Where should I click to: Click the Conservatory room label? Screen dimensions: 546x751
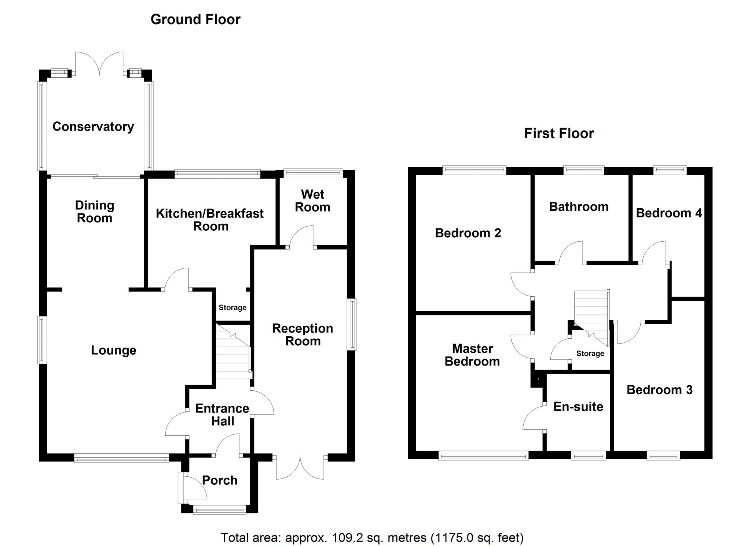pyautogui.click(x=93, y=127)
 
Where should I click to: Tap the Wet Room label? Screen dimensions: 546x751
pyautogui.click(x=312, y=201)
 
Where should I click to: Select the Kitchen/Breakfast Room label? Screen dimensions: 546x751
pyautogui.click(x=210, y=220)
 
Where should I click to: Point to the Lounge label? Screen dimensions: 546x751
pyautogui.click(x=114, y=350)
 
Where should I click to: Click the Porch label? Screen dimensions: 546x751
pyautogui.click(x=220, y=480)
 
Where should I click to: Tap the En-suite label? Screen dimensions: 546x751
pyautogui.click(x=578, y=406)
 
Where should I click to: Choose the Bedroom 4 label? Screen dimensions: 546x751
pyautogui.click(x=669, y=213)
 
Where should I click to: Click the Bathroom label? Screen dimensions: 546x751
pyautogui.click(x=579, y=206)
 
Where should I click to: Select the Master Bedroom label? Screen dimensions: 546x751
pyautogui.click(x=472, y=355)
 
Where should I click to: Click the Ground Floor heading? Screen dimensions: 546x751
pyautogui.click(x=195, y=19)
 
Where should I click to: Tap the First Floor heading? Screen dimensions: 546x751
pyautogui.click(x=559, y=133)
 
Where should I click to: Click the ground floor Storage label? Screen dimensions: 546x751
pyautogui.click(x=232, y=307)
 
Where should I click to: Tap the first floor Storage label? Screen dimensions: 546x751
pyautogui.click(x=590, y=353)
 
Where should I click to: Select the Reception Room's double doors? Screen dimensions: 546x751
pyautogui.click(x=300, y=468)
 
